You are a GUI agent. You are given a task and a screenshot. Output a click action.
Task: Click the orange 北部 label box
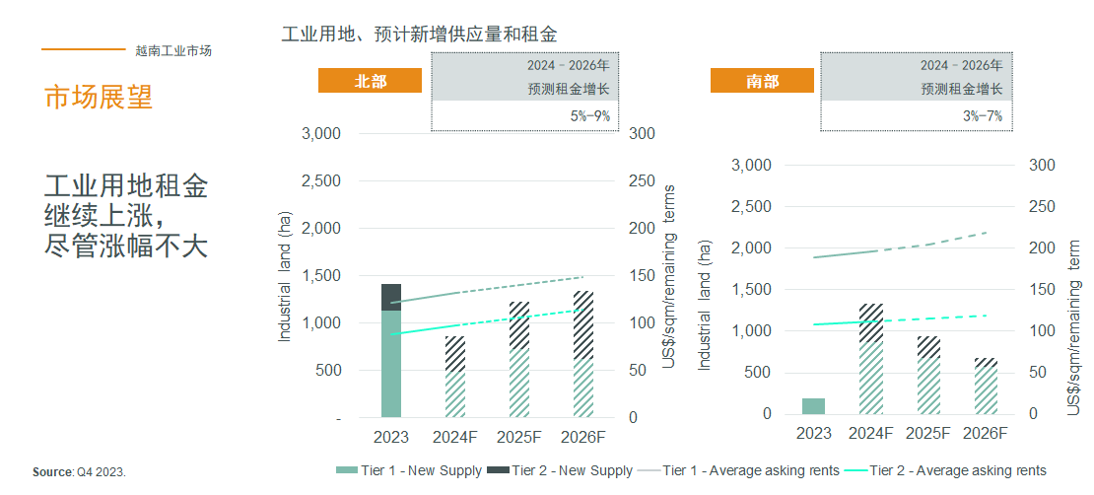[x=370, y=81]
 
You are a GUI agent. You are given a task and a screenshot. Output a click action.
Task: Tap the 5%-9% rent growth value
[x=589, y=115]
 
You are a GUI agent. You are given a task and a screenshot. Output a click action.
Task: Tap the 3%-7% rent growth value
[x=983, y=115]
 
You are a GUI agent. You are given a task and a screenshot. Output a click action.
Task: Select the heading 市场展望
[x=99, y=97]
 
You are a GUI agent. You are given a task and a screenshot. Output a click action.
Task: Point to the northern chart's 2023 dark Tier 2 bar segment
[x=391, y=297]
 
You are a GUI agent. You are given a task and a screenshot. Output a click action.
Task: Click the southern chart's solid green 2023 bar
[x=813, y=406]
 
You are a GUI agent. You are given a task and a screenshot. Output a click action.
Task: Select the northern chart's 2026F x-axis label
[x=582, y=437]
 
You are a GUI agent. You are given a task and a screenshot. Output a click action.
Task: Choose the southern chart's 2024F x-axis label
[x=870, y=433]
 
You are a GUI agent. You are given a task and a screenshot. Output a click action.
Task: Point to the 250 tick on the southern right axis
[x=1040, y=207]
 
